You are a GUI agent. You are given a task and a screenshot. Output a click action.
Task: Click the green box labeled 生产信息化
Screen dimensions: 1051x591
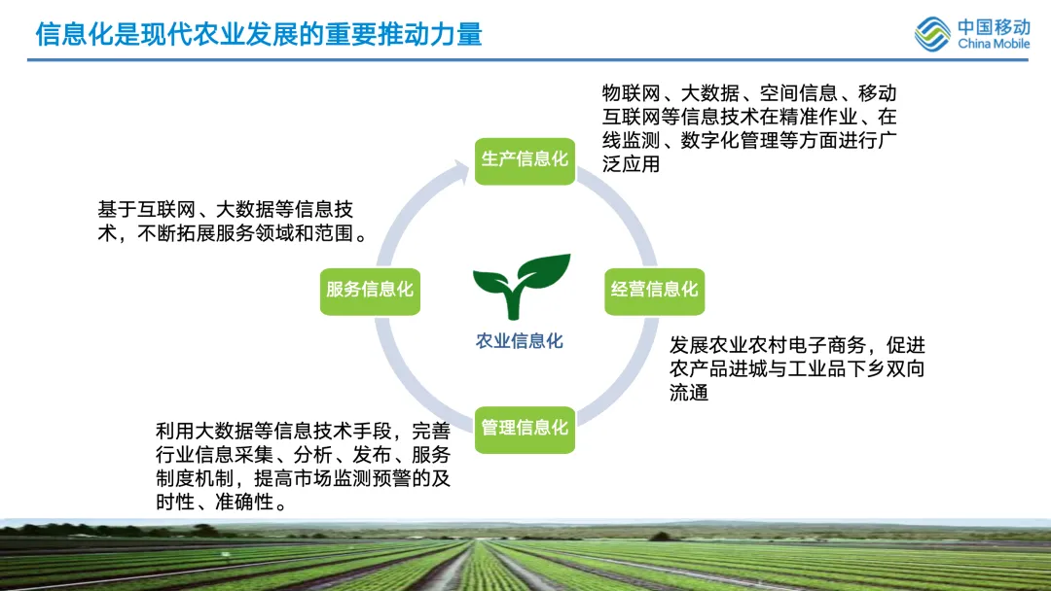click(525, 158)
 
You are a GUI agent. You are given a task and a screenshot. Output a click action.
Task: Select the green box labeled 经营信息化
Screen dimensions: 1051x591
click(654, 289)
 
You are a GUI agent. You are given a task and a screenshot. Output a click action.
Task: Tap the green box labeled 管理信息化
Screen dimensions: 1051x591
click(525, 427)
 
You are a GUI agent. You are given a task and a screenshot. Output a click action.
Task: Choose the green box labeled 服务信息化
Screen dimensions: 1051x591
click(370, 290)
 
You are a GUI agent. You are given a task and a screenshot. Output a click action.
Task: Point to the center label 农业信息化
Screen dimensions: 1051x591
click(519, 341)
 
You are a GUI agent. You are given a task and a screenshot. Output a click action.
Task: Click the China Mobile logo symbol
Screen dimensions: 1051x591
click(931, 35)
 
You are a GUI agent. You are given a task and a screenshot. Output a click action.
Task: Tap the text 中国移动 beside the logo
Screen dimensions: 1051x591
click(993, 26)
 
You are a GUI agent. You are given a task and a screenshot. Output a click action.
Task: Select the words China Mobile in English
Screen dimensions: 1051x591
click(993, 44)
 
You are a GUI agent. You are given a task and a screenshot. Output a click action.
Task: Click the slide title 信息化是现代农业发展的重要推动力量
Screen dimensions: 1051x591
click(259, 34)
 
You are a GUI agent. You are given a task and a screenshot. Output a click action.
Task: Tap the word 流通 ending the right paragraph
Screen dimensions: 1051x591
click(689, 393)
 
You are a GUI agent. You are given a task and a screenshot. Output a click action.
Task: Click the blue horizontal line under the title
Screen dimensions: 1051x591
click(525, 60)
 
